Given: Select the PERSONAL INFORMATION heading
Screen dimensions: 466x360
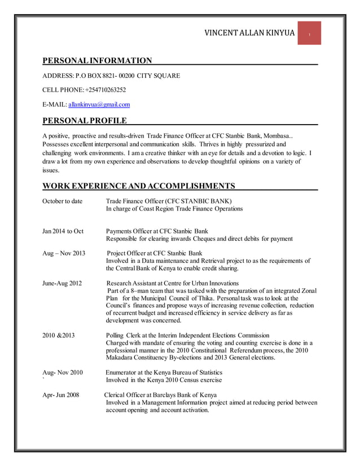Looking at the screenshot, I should (x=98, y=61).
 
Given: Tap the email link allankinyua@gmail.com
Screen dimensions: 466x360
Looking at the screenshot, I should (x=99, y=104).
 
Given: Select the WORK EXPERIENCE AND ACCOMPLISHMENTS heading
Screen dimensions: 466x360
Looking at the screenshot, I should (x=139, y=186).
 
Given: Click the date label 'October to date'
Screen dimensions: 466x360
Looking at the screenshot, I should (x=63, y=201).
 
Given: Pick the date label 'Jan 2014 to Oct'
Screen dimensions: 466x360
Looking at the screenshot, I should (x=63, y=231).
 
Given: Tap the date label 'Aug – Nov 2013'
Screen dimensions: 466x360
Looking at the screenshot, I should (x=64, y=253).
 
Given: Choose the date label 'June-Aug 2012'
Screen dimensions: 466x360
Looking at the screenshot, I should (x=62, y=283).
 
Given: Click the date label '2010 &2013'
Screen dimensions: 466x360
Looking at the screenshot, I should (x=58, y=336).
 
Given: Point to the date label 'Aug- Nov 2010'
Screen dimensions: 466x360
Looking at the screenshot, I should (x=63, y=372).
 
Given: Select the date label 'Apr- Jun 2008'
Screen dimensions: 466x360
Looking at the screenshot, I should (x=61, y=394).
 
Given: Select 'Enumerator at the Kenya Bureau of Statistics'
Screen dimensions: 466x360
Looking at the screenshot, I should (x=164, y=372).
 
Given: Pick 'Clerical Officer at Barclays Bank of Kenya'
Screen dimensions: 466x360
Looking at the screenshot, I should (x=161, y=394).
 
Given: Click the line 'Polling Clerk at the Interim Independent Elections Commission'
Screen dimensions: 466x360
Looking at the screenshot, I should (x=187, y=336).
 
